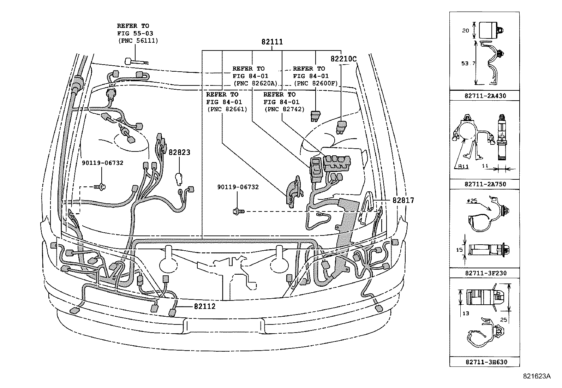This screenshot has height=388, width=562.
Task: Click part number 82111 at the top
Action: [272, 42]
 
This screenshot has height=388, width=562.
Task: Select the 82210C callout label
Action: [343, 59]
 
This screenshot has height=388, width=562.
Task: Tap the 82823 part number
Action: [179, 153]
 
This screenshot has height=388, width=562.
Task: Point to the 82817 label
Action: [403, 200]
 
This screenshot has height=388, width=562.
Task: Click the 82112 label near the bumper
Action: [204, 306]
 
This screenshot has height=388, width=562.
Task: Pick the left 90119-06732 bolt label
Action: [102, 163]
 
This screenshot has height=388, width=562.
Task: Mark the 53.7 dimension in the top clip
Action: [466, 63]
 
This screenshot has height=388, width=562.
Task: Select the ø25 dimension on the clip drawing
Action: [472, 201]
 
